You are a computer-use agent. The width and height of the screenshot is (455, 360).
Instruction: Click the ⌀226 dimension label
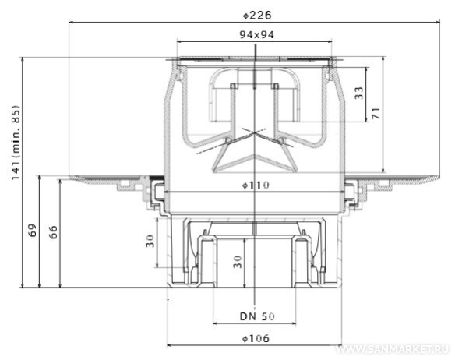click(257, 15)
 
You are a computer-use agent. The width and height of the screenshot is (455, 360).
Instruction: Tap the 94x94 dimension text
click(257, 35)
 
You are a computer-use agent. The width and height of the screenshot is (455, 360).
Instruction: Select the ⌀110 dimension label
click(256, 185)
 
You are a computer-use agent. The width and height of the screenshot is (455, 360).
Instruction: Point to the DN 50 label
click(257, 316)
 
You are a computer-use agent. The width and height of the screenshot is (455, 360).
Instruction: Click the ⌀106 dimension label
click(256, 338)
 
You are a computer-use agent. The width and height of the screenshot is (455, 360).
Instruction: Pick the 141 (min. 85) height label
click(16, 143)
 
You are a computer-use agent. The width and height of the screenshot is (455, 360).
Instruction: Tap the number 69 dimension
click(33, 230)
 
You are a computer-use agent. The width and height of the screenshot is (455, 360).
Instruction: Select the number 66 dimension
click(53, 232)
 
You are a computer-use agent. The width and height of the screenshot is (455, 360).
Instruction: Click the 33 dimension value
click(359, 93)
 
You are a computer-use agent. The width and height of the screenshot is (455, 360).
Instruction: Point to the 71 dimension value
click(376, 113)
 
